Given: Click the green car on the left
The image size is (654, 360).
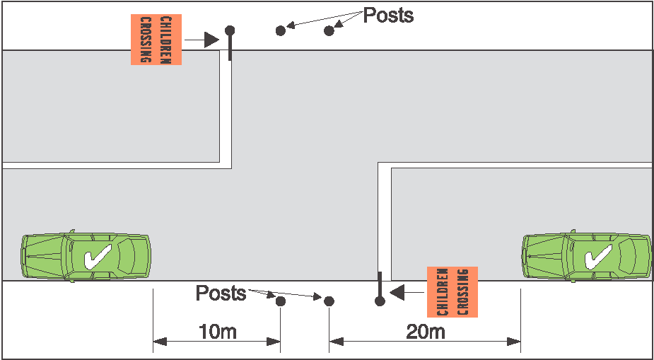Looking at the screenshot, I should point(86,256).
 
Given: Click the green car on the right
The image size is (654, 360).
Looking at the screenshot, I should point(587,256).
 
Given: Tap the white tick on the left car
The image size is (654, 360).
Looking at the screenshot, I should point(96,257).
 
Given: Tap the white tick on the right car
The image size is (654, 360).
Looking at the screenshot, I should point(598,257).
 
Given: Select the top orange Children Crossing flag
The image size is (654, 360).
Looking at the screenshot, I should point(156,40).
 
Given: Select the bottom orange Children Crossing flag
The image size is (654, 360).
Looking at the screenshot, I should point(452,291).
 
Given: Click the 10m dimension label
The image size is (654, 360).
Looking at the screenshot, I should point(217,331).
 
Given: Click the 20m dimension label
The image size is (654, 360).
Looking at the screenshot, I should point(426,331).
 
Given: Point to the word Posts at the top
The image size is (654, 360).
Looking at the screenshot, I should point(388,16).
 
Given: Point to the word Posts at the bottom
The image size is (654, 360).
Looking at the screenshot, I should point(221,293).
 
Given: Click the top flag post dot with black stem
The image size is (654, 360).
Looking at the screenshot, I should point(230,30).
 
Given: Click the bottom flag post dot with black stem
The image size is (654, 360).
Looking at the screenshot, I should point(380,301).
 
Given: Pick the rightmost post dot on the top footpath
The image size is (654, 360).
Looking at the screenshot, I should point(329,30).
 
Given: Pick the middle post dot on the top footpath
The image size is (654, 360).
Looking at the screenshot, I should point(281,30).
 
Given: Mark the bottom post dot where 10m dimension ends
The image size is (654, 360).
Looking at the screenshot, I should point(281,301).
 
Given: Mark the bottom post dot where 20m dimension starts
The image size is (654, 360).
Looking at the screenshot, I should point(329,301).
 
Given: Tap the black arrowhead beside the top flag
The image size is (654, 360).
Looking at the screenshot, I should point(211,40).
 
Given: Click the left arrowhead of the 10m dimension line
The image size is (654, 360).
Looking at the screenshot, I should point(160,342).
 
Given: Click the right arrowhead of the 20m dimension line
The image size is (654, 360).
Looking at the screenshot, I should point(514,342).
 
